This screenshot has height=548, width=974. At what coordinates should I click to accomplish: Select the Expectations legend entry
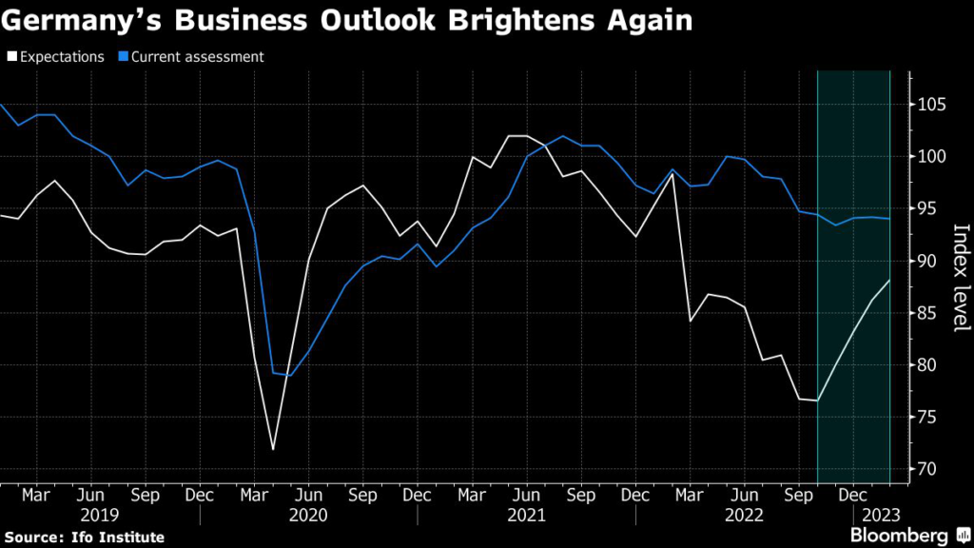pyautogui.click(x=57, y=56)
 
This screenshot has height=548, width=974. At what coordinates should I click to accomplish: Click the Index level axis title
pyautogui.click(x=960, y=278)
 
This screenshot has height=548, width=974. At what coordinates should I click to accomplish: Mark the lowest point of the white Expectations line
pyautogui.click(x=273, y=449)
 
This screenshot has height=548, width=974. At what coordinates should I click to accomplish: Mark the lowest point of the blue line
pyautogui.click(x=290, y=375)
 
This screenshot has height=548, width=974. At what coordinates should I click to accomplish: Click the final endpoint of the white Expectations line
pyautogui.click(x=889, y=280)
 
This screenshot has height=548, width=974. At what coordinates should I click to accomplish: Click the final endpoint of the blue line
pyautogui.click(x=889, y=219)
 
